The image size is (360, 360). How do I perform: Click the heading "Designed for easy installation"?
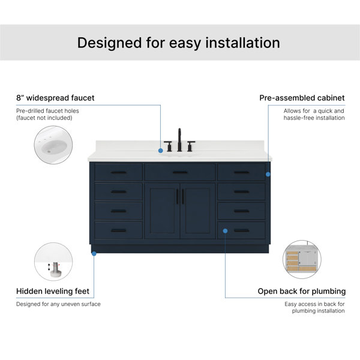coord(178,43)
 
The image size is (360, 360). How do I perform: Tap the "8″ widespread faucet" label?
coord(55,98)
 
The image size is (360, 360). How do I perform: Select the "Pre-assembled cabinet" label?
coord(302,98)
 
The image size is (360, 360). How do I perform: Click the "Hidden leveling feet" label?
coord(53,291)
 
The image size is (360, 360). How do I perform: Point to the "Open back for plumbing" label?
coord(302,291)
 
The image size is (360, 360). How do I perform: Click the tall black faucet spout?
coord(179,140)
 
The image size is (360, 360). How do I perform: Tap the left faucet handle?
coord(168,146)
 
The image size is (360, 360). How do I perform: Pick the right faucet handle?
coord(191,146)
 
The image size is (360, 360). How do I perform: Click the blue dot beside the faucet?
coord(161,151)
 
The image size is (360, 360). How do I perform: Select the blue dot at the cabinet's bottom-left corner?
coord(94,254)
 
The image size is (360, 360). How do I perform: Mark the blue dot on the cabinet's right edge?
coord(268,174)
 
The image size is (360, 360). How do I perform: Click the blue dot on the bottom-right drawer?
coord(225,231)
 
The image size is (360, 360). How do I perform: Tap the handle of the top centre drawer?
coord(180,172)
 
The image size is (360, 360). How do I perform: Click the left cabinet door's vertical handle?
coord(177,197)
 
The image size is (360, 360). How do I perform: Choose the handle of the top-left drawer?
coord(119,172)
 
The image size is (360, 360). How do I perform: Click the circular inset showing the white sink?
coord(53,145)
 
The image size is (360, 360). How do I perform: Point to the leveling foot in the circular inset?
coord(56,268)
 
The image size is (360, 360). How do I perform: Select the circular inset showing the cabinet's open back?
coord(302,259)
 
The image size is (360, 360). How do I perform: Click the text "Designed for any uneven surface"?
coord(58,304)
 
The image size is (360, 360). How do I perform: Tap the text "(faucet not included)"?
coord(44,118)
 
